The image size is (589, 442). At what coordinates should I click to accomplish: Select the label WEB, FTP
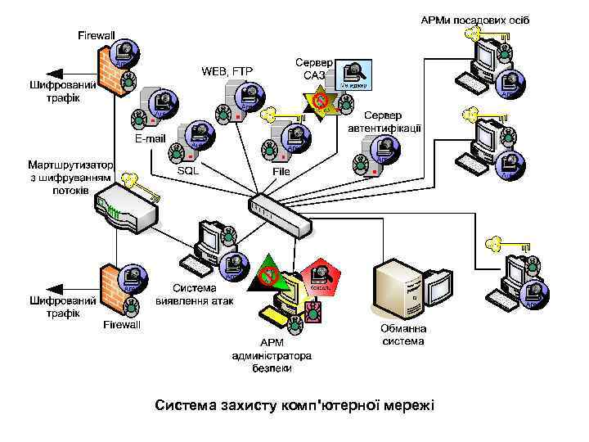tap(227, 71)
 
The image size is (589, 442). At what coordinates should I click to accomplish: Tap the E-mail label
tap(151, 138)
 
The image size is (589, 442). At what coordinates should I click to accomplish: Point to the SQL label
tap(189, 172)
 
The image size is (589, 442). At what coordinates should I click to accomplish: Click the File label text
tap(281, 172)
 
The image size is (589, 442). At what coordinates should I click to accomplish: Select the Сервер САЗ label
tap(314, 69)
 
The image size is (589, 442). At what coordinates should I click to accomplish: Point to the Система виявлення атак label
tap(195, 295)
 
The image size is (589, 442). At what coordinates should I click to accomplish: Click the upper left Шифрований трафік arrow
tap(61, 72)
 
